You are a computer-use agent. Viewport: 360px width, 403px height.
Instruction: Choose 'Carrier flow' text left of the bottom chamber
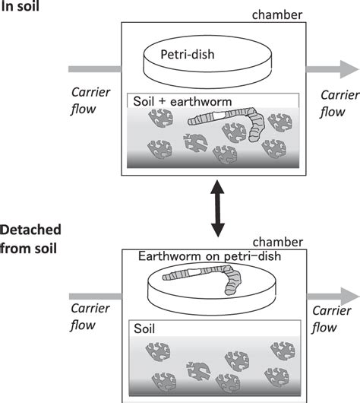coord(90,319)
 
